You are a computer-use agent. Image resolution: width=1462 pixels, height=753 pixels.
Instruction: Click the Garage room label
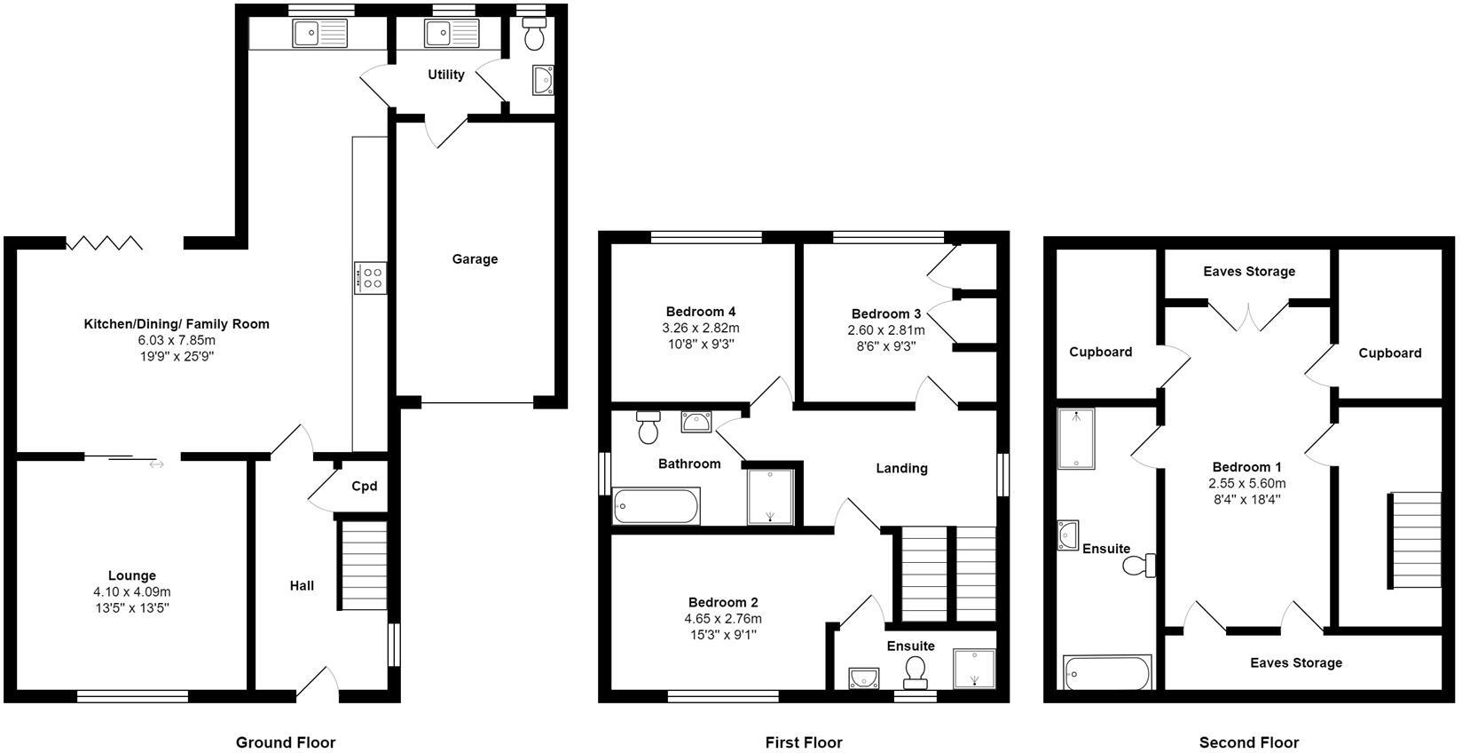point(475,259)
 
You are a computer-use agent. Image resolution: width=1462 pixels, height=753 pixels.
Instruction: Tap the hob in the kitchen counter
point(370,277)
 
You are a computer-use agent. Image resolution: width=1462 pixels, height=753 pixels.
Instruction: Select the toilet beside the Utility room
point(534,36)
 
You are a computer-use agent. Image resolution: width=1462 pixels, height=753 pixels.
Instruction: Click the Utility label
point(445,75)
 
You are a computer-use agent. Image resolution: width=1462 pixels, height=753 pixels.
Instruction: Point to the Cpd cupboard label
point(364,486)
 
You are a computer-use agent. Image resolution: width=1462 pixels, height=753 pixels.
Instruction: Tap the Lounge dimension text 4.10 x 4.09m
point(132,591)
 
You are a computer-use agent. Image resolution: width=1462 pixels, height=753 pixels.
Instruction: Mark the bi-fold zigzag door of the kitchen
point(105,242)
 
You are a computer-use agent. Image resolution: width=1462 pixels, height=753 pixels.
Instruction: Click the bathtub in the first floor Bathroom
point(656,506)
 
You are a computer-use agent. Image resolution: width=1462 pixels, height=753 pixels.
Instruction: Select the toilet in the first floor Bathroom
point(648,428)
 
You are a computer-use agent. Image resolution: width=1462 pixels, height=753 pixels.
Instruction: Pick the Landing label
point(901,468)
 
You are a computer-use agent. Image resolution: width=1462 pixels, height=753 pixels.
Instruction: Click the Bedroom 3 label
point(885,313)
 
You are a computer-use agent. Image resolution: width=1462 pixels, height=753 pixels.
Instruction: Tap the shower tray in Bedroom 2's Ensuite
point(974,670)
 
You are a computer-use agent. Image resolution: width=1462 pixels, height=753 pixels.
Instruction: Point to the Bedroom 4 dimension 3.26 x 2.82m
point(701,328)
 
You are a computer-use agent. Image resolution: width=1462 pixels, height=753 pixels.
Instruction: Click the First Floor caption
point(804,742)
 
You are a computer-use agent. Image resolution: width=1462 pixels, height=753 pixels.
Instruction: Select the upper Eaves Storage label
point(1249,272)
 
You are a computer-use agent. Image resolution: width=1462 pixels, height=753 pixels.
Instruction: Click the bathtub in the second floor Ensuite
point(1106,673)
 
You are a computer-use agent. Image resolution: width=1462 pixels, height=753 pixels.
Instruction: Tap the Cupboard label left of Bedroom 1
point(1100,352)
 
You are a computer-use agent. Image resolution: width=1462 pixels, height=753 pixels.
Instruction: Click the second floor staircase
point(1415,539)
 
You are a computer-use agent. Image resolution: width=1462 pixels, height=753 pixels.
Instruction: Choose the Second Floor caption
point(1248,742)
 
